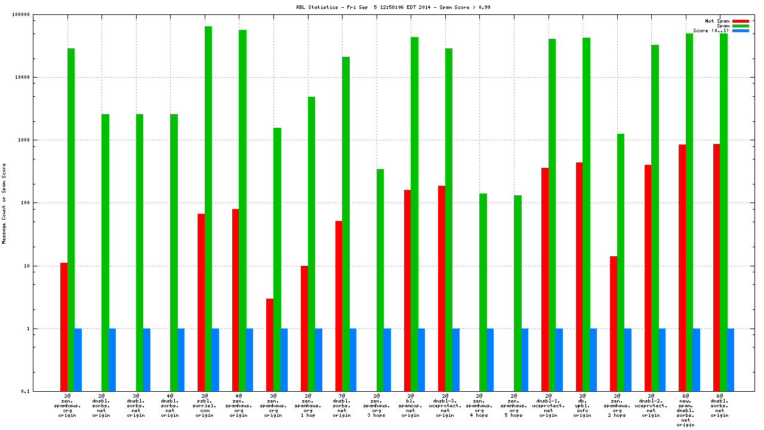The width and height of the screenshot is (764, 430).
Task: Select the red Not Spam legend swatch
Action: [x=740, y=21]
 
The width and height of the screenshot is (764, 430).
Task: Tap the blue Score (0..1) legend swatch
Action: [x=740, y=30]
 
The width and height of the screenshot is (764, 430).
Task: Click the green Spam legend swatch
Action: [x=740, y=26]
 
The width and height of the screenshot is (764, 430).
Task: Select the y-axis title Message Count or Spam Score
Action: [x=4, y=203]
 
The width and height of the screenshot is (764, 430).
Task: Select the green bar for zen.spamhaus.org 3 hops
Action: [x=380, y=280]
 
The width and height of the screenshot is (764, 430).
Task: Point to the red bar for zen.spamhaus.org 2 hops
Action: [x=614, y=323]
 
